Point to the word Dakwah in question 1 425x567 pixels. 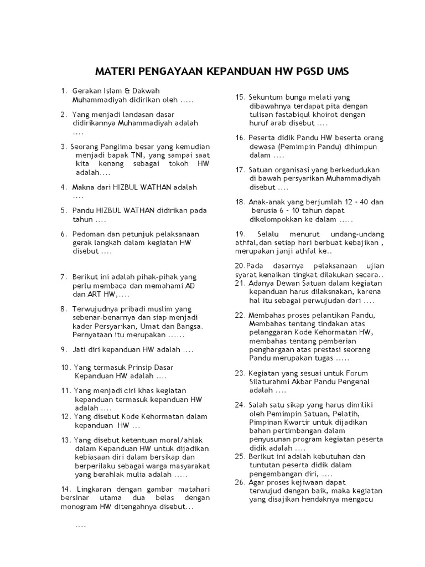point(147,91)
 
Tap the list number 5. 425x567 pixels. point(64,210)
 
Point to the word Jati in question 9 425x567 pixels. point(80,349)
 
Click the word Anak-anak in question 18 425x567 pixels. point(265,202)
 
